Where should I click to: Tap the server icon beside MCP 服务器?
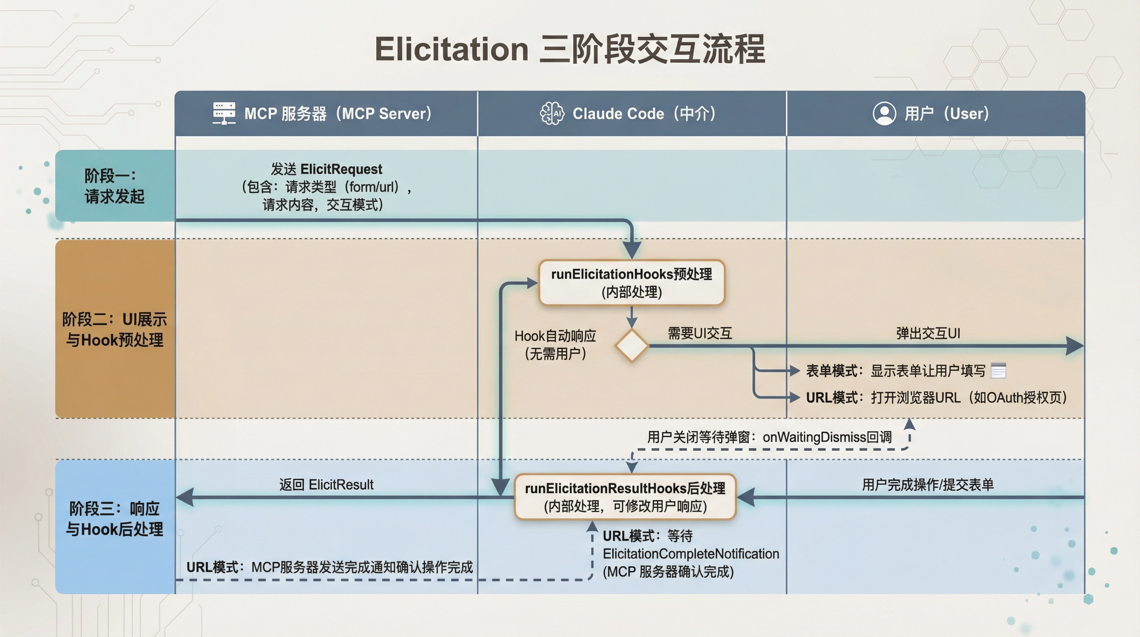coord(224,113)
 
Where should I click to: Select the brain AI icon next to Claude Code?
coord(552,113)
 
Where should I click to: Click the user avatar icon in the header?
coord(884,113)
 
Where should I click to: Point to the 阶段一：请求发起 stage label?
coord(114,186)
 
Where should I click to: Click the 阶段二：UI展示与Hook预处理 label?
coord(114,329)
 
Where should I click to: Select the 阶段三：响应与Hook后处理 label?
coord(114,518)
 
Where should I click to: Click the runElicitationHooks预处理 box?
coord(631,282)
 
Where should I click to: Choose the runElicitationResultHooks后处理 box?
coord(625,496)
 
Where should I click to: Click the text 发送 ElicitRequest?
coord(326,169)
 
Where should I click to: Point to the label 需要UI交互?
coord(700,333)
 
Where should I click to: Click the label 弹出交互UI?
coord(928,333)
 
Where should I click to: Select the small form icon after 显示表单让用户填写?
coord(998,370)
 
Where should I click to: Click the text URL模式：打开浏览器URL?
coord(883,397)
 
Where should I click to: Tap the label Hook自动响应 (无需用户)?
coord(555,345)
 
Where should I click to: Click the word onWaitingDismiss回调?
coord(827,437)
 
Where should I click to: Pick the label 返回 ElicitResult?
coord(326,484)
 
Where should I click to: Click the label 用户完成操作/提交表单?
coord(927,484)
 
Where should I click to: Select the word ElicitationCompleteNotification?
coord(691,554)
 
